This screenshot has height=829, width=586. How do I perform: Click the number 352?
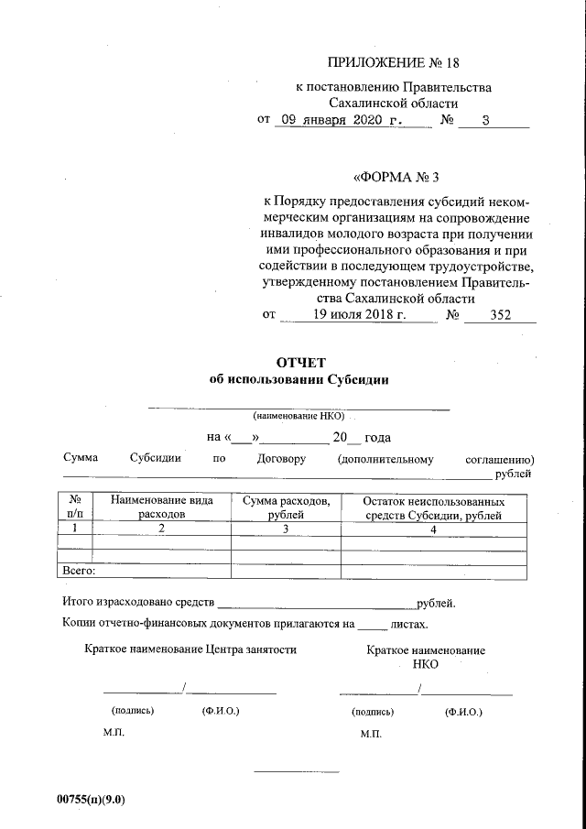[499, 314]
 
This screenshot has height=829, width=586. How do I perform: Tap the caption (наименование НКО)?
[299, 416]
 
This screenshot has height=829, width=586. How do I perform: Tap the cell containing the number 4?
[433, 529]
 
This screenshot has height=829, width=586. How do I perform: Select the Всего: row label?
[79, 572]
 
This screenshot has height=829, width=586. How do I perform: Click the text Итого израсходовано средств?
[138, 604]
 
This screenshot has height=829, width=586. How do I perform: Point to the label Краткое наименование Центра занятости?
[190, 649]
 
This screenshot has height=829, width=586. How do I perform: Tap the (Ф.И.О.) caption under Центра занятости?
[220, 711]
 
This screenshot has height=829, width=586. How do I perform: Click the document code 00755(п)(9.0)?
[91, 799]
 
